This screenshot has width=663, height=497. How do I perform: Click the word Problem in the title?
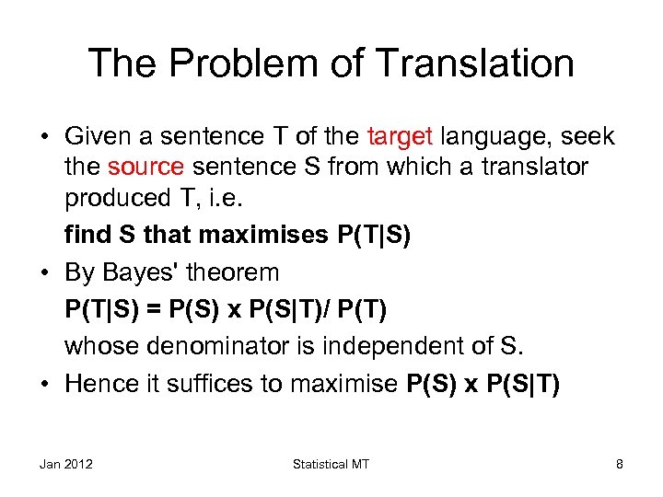(228, 64)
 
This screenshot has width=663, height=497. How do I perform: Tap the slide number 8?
(620, 465)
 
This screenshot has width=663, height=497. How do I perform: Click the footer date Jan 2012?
(66, 465)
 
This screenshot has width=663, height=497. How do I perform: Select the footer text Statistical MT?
(331, 465)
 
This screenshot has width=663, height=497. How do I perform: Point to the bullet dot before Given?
(45, 138)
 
